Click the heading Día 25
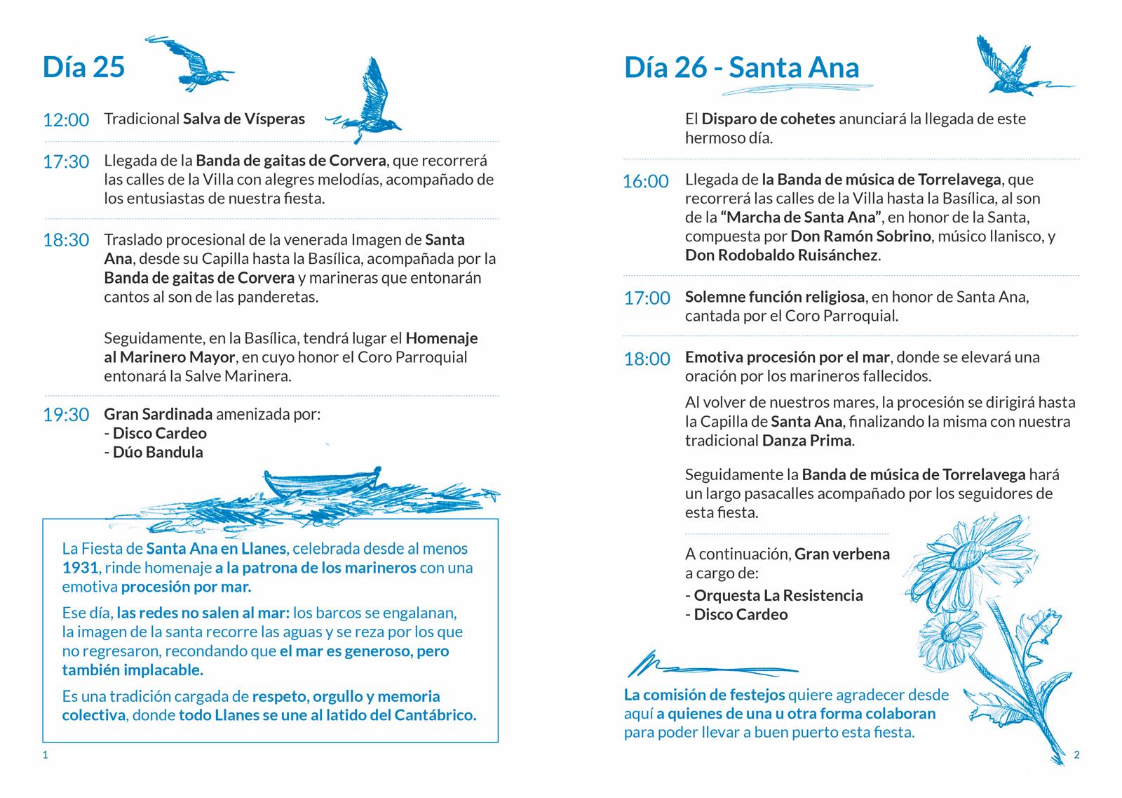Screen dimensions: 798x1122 (83, 67)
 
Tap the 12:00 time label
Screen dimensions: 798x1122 (66, 120)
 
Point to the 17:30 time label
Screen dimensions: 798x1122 (66, 162)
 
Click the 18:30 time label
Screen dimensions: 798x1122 (66, 241)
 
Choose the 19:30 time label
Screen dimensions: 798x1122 (66, 415)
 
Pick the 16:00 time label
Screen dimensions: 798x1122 (646, 182)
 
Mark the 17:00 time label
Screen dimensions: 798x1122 (647, 298)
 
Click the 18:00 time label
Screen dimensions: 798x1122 (647, 359)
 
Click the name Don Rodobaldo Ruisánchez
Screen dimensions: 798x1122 (781, 255)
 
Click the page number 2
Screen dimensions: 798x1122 (1077, 755)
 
